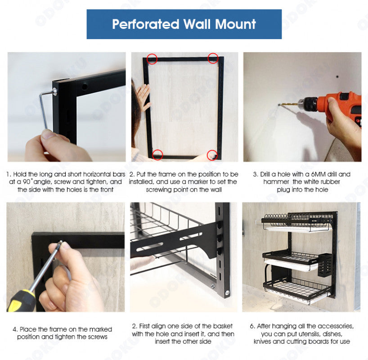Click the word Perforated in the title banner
point(145,24)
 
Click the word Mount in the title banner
point(235,24)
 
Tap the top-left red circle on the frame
point(152,58)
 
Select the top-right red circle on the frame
point(213,58)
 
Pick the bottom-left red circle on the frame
point(157,155)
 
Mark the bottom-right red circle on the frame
point(212,155)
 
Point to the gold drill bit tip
point(279,104)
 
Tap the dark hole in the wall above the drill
point(337,77)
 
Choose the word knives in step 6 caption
point(262,342)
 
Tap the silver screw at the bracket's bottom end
point(227,292)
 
